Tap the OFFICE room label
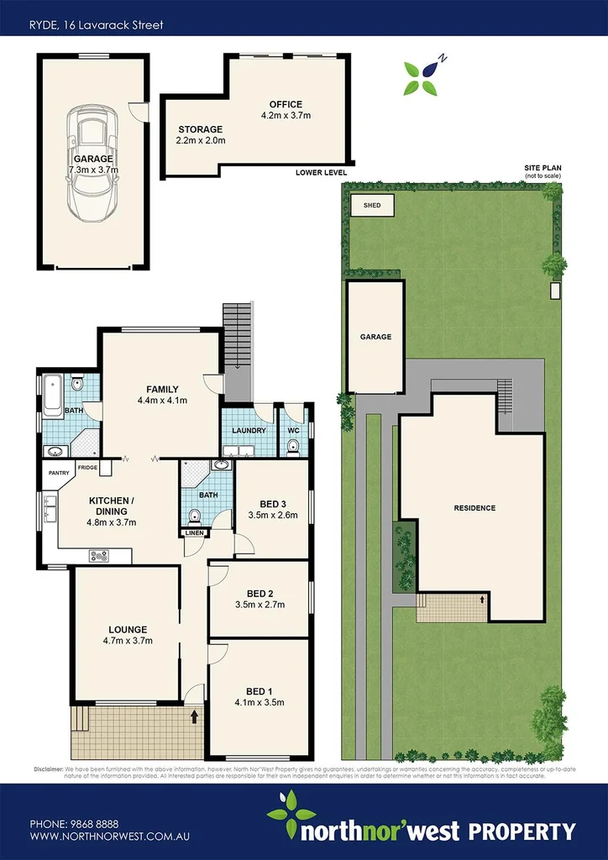point(285,104)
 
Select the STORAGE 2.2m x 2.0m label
point(200,135)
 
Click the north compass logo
point(422,76)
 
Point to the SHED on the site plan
point(371,205)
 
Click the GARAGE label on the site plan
point(375,337)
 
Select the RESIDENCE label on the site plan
point(474,508)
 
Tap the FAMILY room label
point(162,389)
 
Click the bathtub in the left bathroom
point(51,392)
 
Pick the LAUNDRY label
point(249,431)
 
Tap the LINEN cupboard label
point(194,532)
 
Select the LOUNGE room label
point(128,629)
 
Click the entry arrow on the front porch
point(195,717)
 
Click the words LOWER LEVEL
point(321,172)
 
